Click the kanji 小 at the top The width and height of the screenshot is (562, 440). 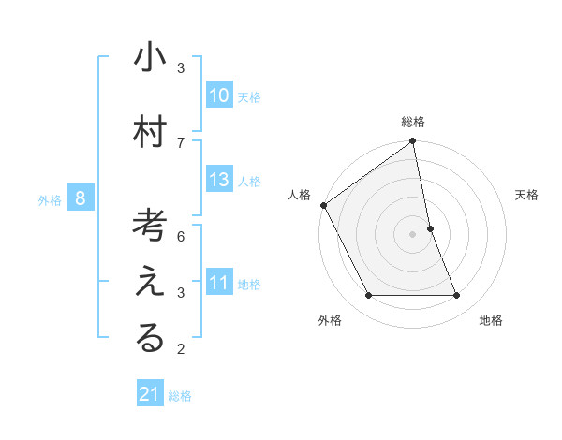[x=150, y=59]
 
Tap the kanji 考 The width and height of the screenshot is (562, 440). [x=150, y=226]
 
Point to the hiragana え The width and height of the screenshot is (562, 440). [x=150, y=282]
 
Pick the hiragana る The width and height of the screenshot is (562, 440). [x=150, y=339]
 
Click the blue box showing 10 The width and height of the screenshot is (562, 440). [x=219, y=95]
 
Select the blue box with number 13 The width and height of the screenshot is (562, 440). [x=219, y=180]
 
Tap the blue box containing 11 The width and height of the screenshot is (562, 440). [x=219, y=283]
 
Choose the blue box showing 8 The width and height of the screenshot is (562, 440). [x=81, y=198]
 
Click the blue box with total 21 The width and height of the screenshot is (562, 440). [x=150, y=394]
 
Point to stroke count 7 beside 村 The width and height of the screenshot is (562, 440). [x=181, y=142]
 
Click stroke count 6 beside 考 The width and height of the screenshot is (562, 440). [x=181, y=236]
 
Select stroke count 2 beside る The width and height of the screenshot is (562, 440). [x=181, y=350]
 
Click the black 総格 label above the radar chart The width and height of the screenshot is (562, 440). [x=413, y=122]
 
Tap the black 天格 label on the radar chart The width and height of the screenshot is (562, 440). [x=526, y=195]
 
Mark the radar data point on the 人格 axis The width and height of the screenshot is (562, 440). [x=323, y=205]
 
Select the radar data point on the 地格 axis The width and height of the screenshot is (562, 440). [x=457, y=296]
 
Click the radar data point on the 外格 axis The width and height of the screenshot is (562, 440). [x=368, y=296]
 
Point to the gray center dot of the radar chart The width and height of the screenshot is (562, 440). [x=413, y=234]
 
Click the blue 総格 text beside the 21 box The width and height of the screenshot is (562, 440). [x=180, y=396]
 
